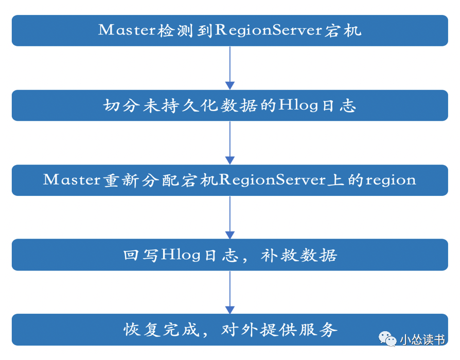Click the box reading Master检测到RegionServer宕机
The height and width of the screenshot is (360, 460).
[230, 30]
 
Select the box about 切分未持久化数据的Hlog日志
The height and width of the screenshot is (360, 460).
[230, 105]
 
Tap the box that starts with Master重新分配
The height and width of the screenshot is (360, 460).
[230, 180]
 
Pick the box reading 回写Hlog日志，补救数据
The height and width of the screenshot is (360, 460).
[230, 255]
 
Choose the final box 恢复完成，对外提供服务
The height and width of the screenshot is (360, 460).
[230, 329]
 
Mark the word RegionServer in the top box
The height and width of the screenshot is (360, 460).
[268, 31]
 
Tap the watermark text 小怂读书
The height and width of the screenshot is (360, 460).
[421, 339]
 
